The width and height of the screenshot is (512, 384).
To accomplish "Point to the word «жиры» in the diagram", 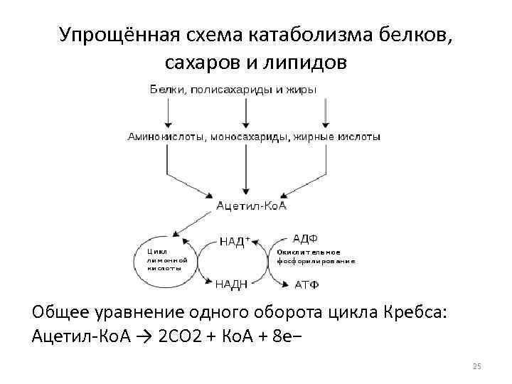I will coord(303,89).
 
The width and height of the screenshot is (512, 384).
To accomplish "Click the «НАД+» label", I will coord(235,240).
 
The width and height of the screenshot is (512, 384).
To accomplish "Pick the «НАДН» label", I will coord(232,284).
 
